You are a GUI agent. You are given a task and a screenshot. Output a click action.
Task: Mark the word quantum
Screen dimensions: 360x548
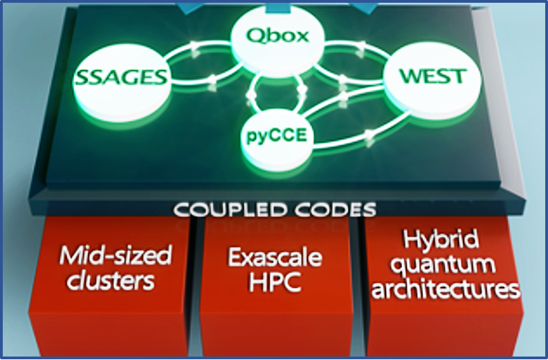tap(444, 265)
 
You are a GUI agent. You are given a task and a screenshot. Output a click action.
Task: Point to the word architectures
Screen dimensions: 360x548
tap(444, 289)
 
